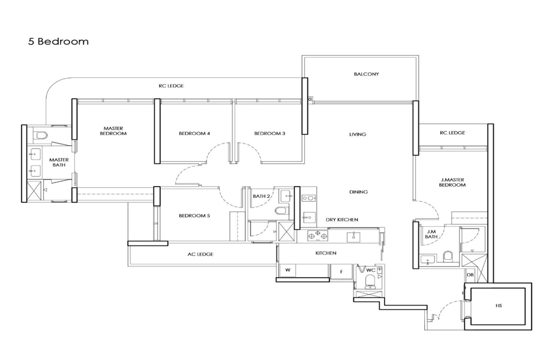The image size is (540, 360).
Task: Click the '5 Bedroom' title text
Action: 58,41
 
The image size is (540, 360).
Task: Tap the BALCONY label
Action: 366,74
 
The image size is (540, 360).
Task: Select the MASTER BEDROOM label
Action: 113,131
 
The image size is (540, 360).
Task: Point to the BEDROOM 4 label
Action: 194,133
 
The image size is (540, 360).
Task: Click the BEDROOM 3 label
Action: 269,133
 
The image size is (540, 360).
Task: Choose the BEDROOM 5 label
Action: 194,215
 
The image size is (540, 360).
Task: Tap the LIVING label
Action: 358,134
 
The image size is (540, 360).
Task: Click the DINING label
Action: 358,192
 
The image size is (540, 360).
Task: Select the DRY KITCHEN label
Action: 342,220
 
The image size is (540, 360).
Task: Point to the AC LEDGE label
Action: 200,254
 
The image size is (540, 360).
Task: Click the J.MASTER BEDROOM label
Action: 452,182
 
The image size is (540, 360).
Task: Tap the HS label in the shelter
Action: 499,305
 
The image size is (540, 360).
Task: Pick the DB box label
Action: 470,275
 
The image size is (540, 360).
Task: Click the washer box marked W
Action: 288,270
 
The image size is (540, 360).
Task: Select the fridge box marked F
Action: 341,271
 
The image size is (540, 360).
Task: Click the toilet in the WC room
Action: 370,280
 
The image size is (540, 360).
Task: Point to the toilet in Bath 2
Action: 281,211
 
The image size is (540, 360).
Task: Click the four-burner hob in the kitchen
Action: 317,236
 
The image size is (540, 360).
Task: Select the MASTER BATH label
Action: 59,162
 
